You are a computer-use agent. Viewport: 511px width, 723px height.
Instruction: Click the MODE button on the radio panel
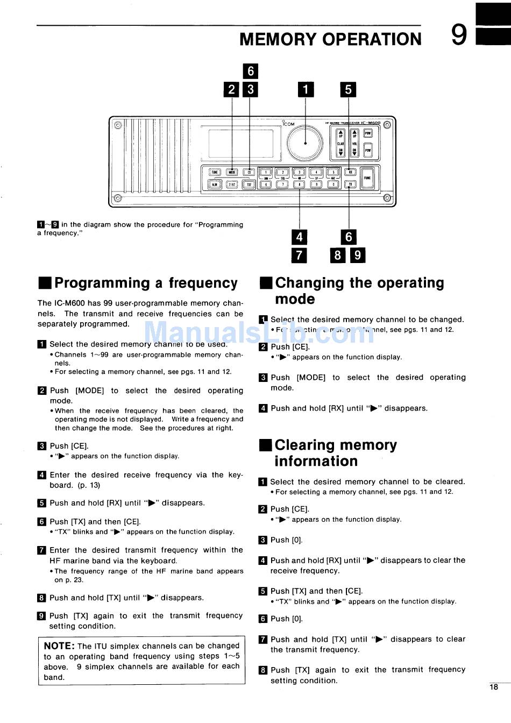coord(232,172)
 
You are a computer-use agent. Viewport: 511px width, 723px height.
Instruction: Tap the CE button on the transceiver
coord(249,172)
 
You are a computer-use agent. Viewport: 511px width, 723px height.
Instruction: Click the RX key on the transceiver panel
coord(350,172)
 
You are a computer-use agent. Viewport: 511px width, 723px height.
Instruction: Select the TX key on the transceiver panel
coord(350,184)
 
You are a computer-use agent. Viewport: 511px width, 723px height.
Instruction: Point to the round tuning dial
coord(305,144)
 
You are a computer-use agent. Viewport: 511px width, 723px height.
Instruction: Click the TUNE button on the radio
coord(215,172)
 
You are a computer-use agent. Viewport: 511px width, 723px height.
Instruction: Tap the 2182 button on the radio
coord(232,185)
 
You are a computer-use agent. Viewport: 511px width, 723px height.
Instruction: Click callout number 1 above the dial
coord(306,89)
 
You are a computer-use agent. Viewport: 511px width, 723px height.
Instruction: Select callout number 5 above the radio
coord(348,89)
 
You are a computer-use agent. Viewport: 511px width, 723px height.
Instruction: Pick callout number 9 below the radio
coord(358,254)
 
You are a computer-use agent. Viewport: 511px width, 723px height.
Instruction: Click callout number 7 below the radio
coord(299,254)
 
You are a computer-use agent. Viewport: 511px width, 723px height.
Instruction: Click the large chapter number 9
coord(459,36)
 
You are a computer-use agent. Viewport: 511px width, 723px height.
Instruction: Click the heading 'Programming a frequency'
coord(146,283)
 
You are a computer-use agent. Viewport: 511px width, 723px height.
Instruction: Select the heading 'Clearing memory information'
coord(335,453)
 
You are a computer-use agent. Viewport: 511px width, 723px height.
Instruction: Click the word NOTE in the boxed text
coord(59,646)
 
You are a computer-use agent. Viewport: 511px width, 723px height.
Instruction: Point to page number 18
coord(494,686)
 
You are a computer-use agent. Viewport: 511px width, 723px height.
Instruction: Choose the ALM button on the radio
coord(215,185)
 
